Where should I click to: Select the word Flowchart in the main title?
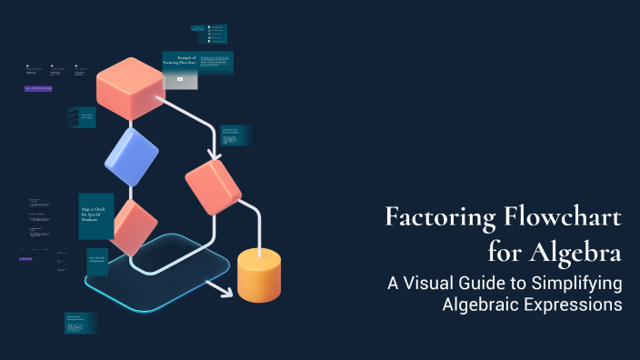(564, 219)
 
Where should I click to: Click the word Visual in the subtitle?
(434, 283)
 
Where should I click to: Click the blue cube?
(132, 157)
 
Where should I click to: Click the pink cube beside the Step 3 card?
(135, 226)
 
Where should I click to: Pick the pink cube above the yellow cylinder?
(213, 186)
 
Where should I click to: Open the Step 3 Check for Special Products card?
(95, 215)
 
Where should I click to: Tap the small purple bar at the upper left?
(38, 88)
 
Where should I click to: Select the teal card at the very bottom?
(80, 323)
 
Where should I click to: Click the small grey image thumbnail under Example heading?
(180, 80)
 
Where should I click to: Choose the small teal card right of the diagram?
(235, 135)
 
